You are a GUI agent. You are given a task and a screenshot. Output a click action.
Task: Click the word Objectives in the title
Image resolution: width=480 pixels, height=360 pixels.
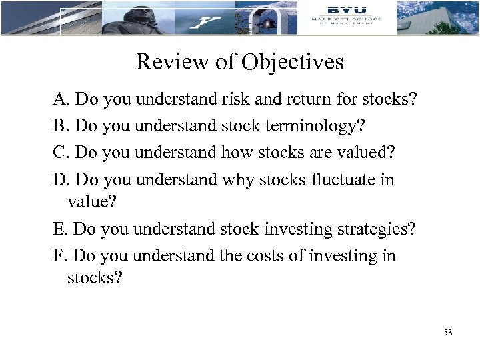click(x=293, y=62)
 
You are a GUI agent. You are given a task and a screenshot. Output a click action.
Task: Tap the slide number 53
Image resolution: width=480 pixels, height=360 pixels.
click(x=447, y=331)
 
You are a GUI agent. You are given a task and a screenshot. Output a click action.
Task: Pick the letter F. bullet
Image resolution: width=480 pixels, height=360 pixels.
click(x=61, y=255)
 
